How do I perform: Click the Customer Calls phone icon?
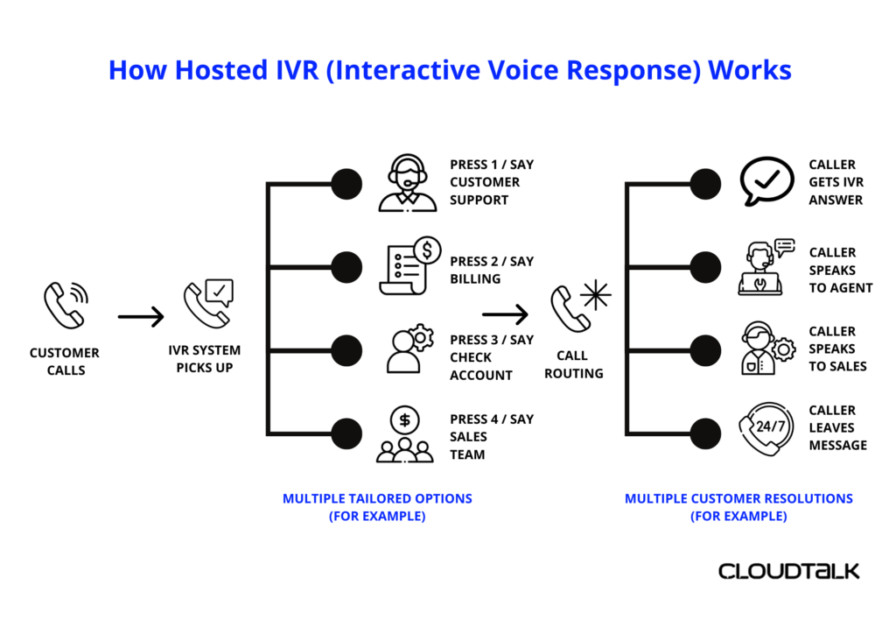click(x=65, y=304)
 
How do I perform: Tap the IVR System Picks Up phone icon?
click(x=207, y=303)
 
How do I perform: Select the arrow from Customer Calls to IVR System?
click(x=141, y=315)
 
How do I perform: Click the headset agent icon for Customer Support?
click(x=407, y=182)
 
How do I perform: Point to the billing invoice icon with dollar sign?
click(x=409, y=266)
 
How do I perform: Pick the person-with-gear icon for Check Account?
click(x=409, y=349)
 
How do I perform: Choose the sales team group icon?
click(x=404, y=434)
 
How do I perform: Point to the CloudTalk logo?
click(x=788, y=571)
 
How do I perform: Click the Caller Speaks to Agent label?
click(x=840, y=270)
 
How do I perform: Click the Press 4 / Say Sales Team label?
click(x=491, y=436)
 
